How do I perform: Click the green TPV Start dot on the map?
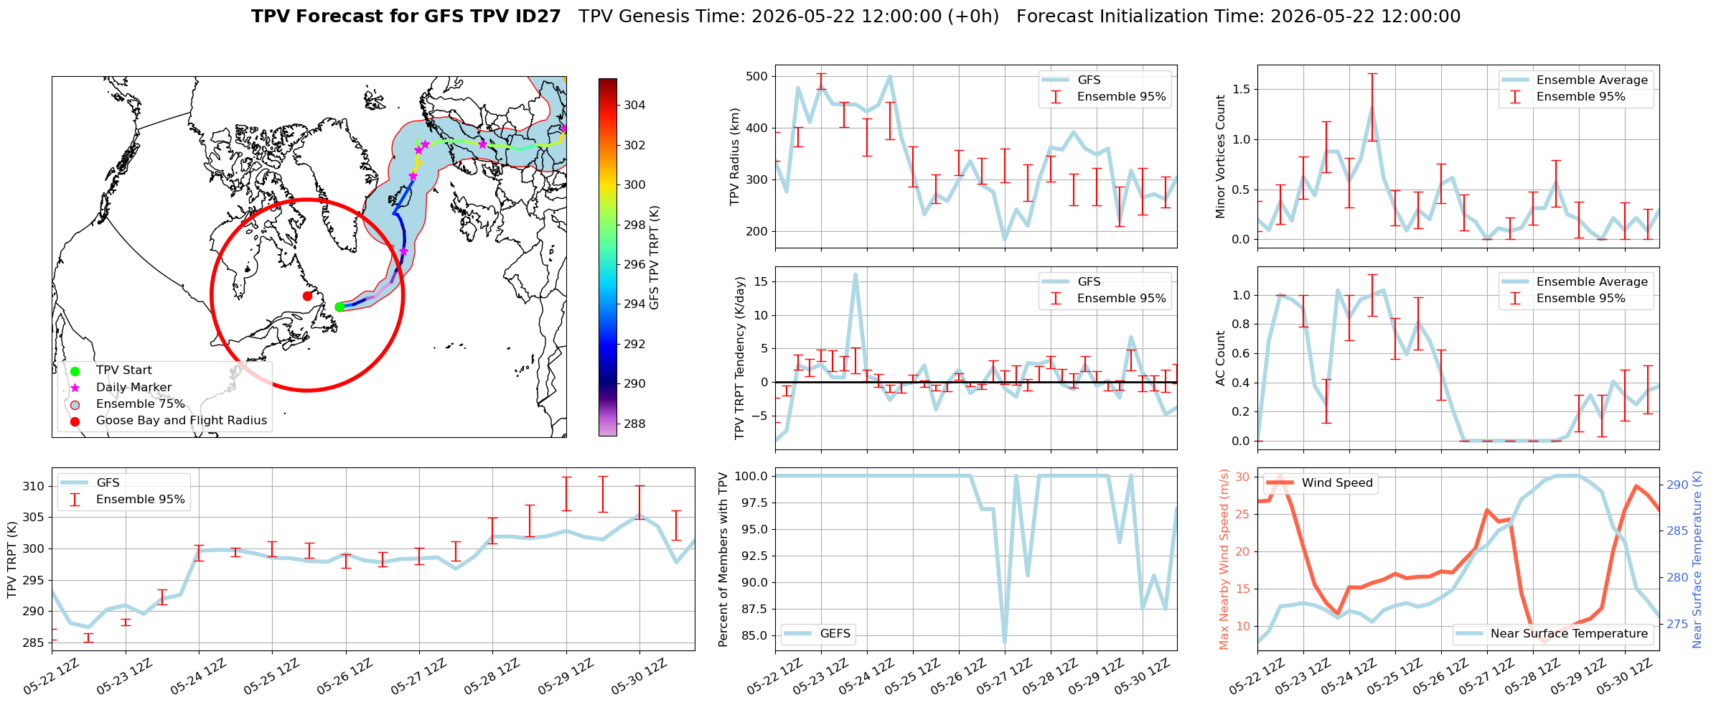pos(339,307)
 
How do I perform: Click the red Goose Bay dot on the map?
pos(307,296)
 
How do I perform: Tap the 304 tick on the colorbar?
pos(634,105)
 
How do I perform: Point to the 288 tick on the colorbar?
pos(634,424)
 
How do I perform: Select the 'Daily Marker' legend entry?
pos(133,387)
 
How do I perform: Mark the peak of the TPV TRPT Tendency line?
pos(855,274)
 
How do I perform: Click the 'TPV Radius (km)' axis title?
pos(735,157)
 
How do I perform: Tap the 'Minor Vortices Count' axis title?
pos(1221,157)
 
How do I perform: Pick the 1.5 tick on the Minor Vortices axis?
pos(1241,89)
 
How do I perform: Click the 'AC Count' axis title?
pos(1221,358)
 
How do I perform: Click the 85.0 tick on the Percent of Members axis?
pos(754,635)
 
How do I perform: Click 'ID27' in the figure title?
pos(533,17)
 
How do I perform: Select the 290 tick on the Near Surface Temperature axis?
pos(1677,485)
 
